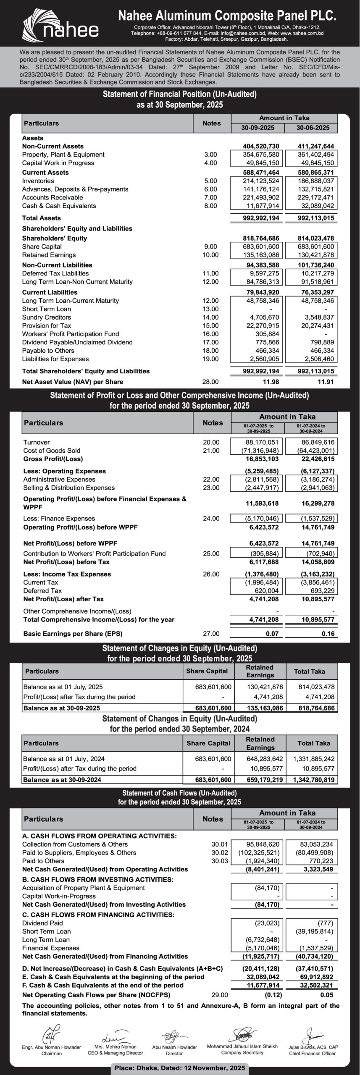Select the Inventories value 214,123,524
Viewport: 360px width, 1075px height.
click(x=261, y=181)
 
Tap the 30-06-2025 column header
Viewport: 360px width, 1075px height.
click(x=311, y=128)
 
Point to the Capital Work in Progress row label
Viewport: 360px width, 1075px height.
click(x=58, y=163)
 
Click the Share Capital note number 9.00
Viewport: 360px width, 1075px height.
click(x=210, y=246)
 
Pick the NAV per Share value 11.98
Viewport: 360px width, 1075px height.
click(x=271, y=382)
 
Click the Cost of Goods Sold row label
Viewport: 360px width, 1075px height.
click(x=52, y=451)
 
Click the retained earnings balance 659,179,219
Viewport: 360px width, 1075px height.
click(x=265, y=780)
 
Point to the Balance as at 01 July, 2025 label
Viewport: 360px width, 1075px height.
click(x=63, y=687)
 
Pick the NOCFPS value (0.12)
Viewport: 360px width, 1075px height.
click(x=273, y=995)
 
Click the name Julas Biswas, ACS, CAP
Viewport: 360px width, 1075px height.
click(x=313, y=1047)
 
